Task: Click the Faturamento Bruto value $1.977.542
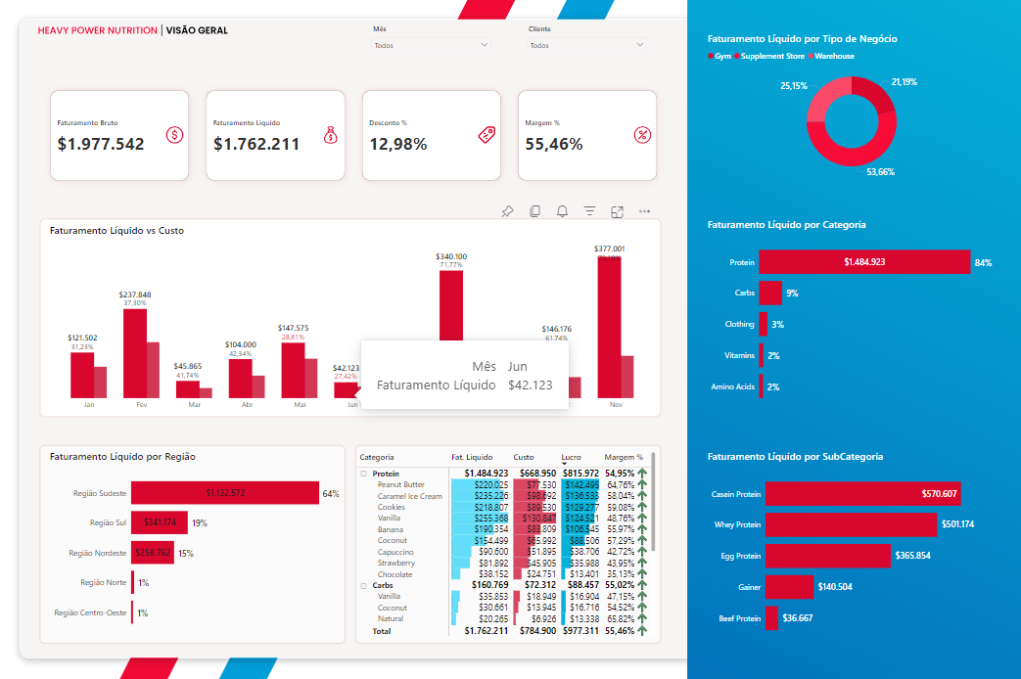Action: click(101, 144)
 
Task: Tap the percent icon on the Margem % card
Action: click(642, 135)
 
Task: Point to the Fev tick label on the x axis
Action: click(141, 404)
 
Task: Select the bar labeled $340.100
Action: click(450, 303)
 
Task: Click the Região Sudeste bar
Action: click(225, 493)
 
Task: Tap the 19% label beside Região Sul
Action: click(200, 522)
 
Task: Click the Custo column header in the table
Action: click(524, 457)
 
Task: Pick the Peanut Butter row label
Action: click(400, 484)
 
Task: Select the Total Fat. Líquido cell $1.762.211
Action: click(487, 632)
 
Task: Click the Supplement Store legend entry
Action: click(772, 56)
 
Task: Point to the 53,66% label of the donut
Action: click(880, 172)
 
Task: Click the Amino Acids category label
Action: click(732, 386)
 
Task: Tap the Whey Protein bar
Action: click(850, 525)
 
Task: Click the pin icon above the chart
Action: click(507, 211)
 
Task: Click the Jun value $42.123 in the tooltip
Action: click(531, 385)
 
